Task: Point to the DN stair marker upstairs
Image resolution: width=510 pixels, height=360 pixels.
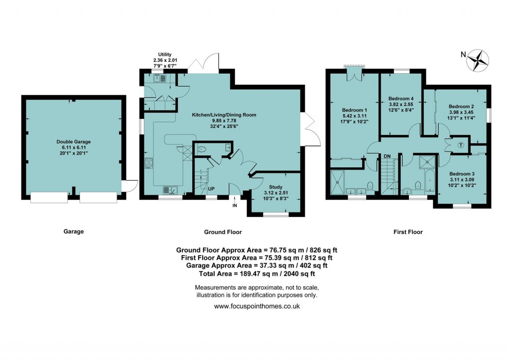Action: click(386, 156)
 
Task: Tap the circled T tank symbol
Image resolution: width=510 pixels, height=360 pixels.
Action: click(460, 145)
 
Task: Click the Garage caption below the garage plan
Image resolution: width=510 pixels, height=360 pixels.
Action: click(73, 232)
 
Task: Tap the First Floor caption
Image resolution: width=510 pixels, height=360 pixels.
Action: click(408, 232)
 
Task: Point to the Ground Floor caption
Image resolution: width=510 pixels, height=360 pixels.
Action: click(223, 232)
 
